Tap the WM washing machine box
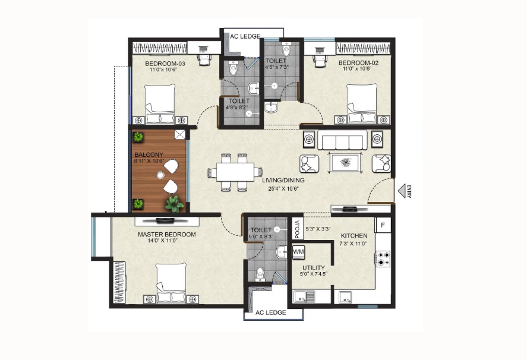[298, 252]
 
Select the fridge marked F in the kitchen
[383, 225]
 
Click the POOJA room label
[297, 229]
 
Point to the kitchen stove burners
[383, 258]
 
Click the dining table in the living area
[235, 172]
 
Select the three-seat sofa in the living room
[342, 140]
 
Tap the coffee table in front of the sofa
[346, 163]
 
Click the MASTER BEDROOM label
[167, 235]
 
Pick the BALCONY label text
[149, 154]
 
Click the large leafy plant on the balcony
[174, 204]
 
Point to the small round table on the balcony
[160, 175]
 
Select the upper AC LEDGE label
[245, 36]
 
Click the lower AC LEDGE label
[270, 312]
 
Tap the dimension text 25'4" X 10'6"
[283, 188]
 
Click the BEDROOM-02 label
[358, 63]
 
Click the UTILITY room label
[314, 267]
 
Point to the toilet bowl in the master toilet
[260, 274]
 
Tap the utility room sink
[304, 297]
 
